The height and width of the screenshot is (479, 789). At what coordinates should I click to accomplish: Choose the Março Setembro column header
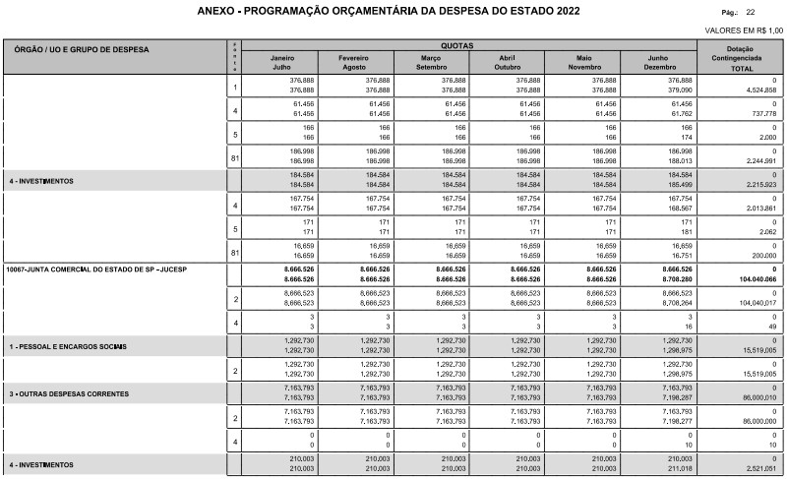click(x=432, y=62)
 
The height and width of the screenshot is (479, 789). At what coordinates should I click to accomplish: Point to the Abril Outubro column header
click(x=509, y=62)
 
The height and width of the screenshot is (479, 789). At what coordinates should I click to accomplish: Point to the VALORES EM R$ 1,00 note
click(x=743, y=31)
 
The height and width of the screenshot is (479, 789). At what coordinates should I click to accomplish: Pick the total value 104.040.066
click(x=753, y=279)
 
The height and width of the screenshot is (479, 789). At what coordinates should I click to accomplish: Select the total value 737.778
click(x=760, y=113)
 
